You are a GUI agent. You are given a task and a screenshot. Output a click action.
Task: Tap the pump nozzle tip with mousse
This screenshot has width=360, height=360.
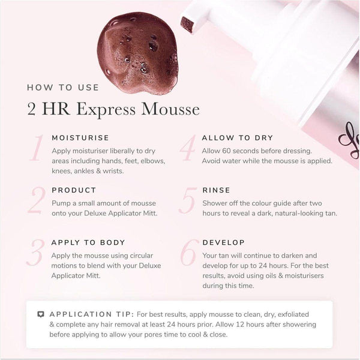pyautogui.click(x=190, y=24)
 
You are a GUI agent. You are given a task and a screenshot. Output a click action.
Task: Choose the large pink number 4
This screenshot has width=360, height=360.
pyautogui.click(x=188, y=148)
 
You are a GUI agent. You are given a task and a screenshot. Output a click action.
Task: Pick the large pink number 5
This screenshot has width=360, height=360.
pyautogui.click(x=188, y=200)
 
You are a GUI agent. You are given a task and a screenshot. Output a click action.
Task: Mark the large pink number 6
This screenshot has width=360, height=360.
pyautogui.click(x=188, y=253)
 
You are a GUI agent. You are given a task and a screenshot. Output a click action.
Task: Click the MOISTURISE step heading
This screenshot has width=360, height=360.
pyautogui.click(x=80, y=137)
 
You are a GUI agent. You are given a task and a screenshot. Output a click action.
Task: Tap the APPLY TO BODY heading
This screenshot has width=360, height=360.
pyautogui.click(x=88, y=242)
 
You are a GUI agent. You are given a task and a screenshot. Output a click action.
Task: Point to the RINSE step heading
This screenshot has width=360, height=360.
pyautogui.click(x=217, y=190)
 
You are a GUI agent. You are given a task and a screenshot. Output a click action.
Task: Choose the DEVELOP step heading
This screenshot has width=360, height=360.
pyautogui.click(x=224, y=242)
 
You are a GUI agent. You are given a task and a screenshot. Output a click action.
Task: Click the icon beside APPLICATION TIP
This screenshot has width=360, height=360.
pyautogui.click(x=41, y=314)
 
